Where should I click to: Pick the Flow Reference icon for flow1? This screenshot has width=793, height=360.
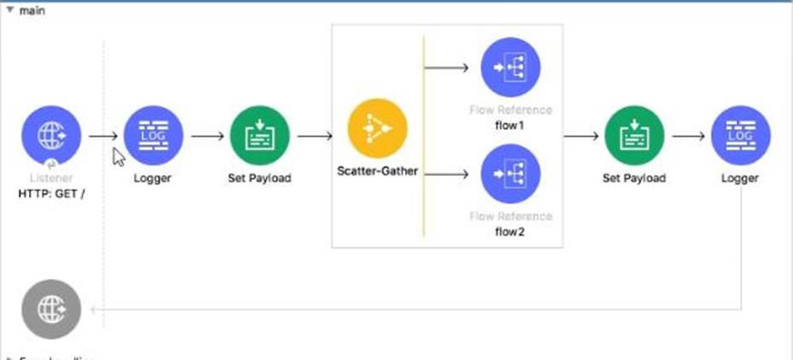[x=510, y=67]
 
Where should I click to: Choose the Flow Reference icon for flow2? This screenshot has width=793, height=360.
[x=510, y=174]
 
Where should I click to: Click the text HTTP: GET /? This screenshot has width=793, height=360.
[x=50, y=194]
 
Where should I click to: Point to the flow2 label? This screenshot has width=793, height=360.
[x=510, y=231]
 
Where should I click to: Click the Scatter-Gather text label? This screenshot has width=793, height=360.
[x=377, y=171]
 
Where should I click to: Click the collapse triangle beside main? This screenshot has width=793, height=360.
[x=10, y=9]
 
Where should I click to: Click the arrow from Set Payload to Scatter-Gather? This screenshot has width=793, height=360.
[x=315, y=136]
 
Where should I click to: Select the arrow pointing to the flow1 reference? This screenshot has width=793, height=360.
[x=449, y=67]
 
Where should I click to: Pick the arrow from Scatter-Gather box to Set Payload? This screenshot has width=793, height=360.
[x=582, y=136]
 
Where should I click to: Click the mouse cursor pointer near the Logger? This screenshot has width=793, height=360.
[x=119, y=155]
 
